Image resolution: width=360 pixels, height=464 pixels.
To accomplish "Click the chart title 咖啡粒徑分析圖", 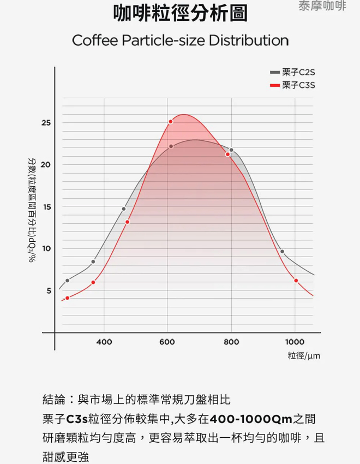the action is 181,13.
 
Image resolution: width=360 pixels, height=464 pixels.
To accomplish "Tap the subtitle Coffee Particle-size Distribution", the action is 181,40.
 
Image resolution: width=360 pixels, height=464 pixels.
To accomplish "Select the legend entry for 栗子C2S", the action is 292,72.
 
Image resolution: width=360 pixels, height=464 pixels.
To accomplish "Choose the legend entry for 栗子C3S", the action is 292,85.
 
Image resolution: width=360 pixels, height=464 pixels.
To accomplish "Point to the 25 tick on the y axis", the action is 46,122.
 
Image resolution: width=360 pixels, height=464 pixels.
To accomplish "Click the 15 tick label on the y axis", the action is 47,207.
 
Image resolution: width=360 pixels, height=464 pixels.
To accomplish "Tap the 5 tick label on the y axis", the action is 49,290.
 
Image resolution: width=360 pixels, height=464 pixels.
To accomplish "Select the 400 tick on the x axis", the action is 104,342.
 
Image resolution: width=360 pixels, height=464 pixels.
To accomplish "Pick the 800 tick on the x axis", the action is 231,342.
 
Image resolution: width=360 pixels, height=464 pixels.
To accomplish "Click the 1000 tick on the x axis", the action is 295,342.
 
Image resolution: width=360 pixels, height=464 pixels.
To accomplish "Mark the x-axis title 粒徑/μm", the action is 304,355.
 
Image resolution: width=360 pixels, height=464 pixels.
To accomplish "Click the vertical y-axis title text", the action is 31,210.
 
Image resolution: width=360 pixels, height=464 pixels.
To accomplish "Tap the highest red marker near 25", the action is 171,122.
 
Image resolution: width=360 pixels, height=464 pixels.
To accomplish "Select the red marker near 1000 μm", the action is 296,281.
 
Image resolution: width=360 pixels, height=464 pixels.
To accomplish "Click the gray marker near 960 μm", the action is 282,252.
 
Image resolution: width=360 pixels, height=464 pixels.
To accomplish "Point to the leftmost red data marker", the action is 68,298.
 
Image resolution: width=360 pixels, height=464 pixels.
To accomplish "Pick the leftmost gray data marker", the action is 68,281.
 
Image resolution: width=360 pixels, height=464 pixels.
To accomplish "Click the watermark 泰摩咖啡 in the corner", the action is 322,5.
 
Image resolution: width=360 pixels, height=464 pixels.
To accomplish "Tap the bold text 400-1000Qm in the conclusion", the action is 251,419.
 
